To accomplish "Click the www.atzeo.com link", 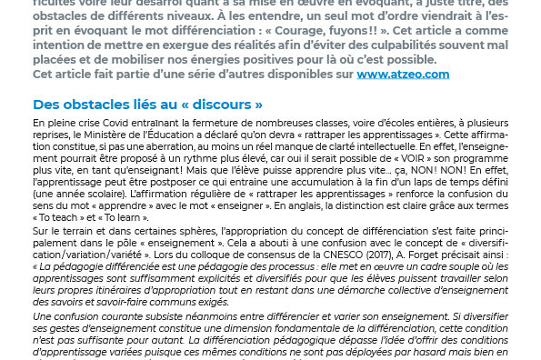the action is (403, 75).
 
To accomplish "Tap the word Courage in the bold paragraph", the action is (360, 29).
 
